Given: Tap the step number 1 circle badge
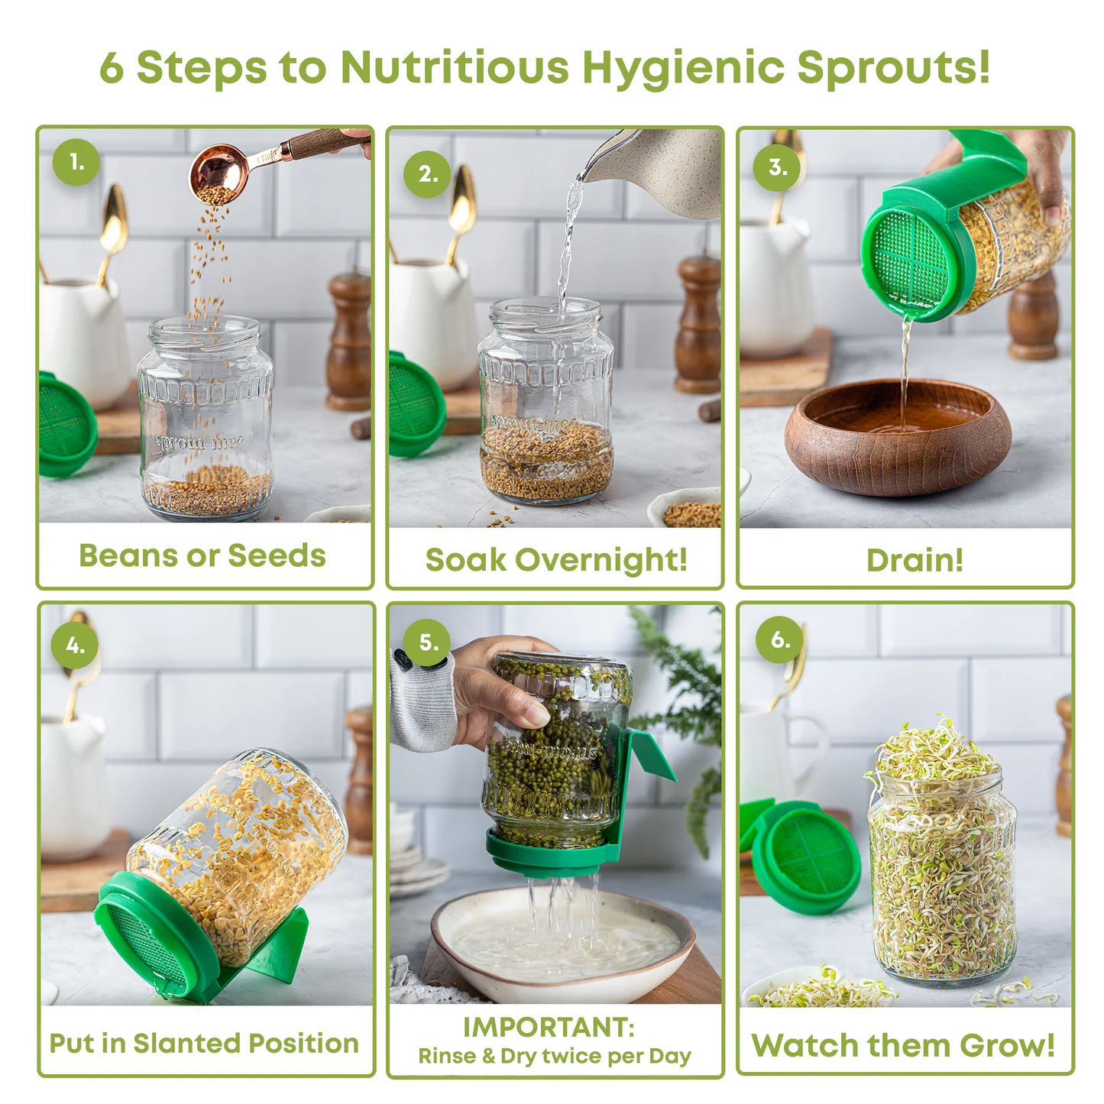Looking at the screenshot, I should coord(76,162).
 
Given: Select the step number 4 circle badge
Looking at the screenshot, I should coord(75,646).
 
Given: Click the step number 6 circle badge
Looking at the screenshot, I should coord(779,639).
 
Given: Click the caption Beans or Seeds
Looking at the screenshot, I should coord(202,555).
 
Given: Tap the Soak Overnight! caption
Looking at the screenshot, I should coord(556,559).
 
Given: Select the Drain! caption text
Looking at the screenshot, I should coord(915,560).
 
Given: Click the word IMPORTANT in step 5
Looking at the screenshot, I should coord(549,1027).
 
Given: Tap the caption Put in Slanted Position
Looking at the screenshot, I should coord(204,1043).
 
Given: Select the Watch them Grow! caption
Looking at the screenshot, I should coord(903,1045).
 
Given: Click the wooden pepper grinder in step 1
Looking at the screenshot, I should coord(349,340).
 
